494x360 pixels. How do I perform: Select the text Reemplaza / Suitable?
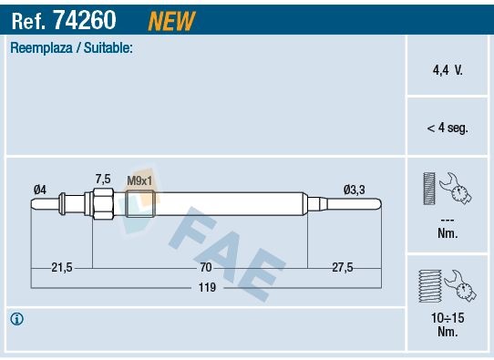pos(71,47)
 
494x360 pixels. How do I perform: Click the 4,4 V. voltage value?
pos(447,68)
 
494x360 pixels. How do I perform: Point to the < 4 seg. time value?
pos(447,129)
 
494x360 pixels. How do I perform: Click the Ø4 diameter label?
pos(39,189)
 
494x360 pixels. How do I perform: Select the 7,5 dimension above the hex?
pos(103,179)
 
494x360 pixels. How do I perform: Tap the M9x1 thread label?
pos(139,180)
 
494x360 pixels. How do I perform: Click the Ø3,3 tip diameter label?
pos(354,189)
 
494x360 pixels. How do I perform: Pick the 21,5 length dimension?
pos(62,267)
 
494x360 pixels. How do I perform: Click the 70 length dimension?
pos(206,267)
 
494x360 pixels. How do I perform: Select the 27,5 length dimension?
pos(342,267)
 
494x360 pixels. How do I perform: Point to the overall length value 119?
pos(207,287)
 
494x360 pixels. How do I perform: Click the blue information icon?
pos(17,319)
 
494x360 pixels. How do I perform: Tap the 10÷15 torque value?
pos(448,318)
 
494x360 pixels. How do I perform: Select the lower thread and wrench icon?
pos(446,284)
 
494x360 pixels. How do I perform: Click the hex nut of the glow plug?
pos(102,203)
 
